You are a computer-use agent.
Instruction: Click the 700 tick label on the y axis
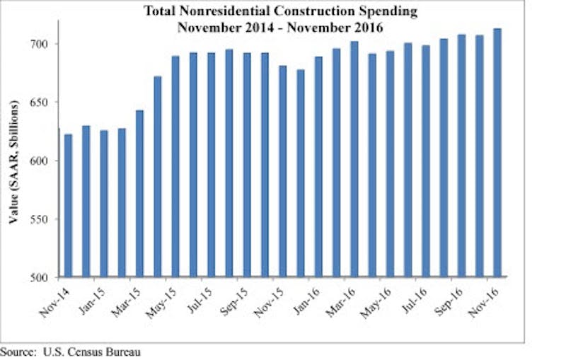(x=49, y=44)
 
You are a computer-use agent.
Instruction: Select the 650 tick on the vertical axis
(x=49, y=103)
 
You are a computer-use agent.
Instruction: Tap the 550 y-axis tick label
(x=49, y=219)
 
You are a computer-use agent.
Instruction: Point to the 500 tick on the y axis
(x=49, y=277)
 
